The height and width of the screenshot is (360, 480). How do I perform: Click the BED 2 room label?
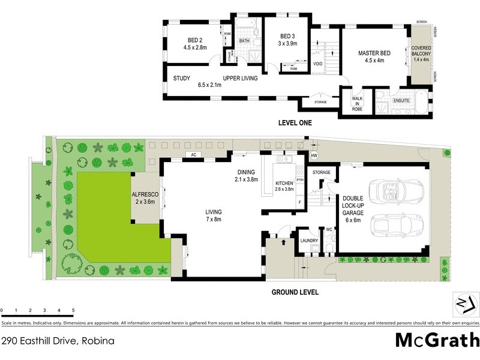(194, 40)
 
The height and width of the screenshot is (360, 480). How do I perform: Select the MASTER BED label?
(374, 53)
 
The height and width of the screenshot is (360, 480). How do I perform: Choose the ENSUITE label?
(401, 101)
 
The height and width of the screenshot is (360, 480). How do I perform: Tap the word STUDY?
(182, 79)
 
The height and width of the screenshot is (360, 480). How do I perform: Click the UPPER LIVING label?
(241, 79)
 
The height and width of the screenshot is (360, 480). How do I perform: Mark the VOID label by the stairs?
(318, 64)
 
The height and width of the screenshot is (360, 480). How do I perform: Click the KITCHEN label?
(283, 183)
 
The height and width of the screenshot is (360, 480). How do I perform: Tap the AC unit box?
(193, 155)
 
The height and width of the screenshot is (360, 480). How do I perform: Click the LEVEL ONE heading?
(295, 123)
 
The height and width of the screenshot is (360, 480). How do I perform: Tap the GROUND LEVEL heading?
(295, 293)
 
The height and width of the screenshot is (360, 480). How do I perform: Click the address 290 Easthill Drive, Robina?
(58, 341)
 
